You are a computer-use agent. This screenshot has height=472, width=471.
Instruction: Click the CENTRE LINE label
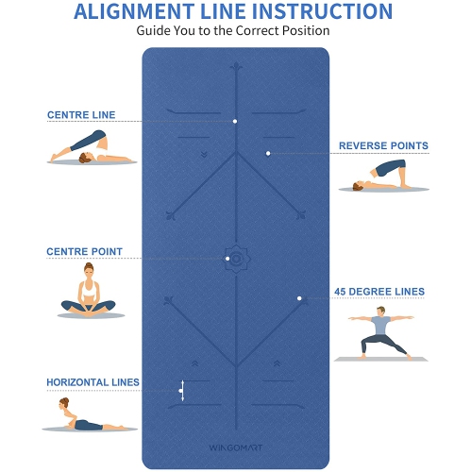click(x=81, y=115)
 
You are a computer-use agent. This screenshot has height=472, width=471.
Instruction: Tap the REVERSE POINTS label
click(x=383, y=145)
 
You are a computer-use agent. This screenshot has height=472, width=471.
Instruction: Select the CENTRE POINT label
click(x=84, y=251)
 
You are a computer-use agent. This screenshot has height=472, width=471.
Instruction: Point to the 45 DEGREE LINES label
click(x=379, y=292)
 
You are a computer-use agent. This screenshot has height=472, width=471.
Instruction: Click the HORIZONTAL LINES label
click(x=93, y=382)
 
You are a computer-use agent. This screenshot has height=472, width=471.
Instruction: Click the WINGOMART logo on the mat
click(x=236, y=447)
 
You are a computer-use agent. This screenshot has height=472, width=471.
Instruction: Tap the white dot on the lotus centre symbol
click(x=227, y=259)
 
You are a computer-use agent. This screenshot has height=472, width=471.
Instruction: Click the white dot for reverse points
click(x=268, y=154)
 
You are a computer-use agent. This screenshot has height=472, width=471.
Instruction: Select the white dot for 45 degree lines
click(x=299, y=298)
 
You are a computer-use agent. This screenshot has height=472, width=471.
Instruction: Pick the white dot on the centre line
click(x=235, y=121)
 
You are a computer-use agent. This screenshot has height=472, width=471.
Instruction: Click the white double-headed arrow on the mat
click(x=182, y=391)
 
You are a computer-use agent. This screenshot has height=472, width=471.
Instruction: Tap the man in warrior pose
click(x=381, y=333)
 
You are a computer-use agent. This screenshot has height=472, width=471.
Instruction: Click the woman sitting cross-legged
click(x=89, y=290)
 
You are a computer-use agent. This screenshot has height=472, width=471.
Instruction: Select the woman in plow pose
click(x=92, y=147)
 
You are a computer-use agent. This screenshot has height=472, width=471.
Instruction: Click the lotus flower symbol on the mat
click(x=237, y=259)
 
